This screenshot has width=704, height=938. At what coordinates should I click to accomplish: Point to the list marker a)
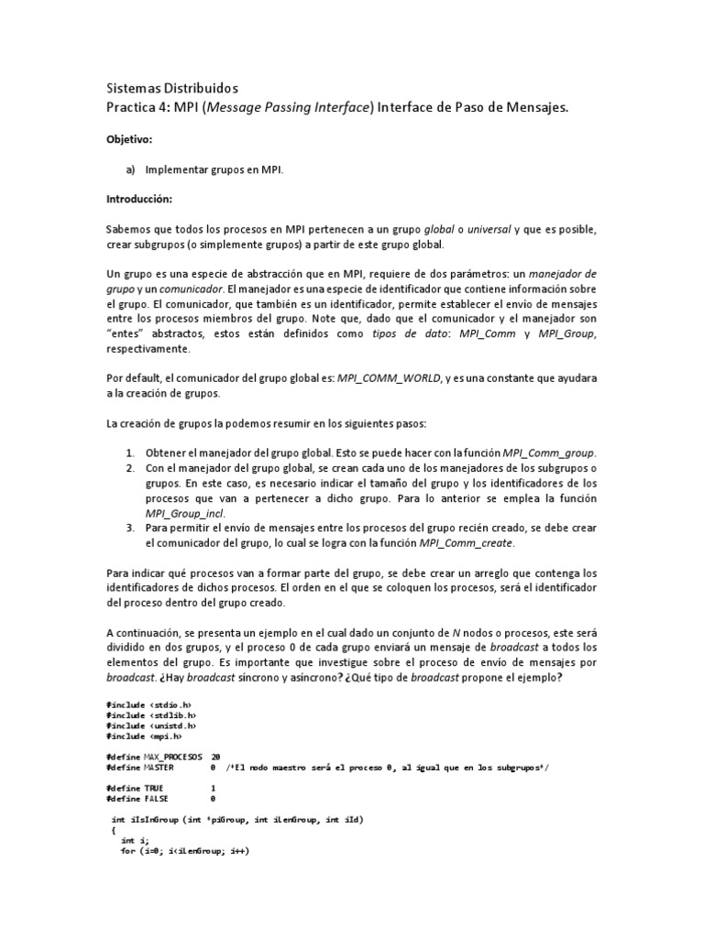pyautogui.click(x=129, y=169)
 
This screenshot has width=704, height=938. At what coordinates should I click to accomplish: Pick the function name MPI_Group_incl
pyautogui.click(x=184, y=514)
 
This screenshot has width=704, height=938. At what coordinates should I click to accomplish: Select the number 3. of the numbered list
pyautogui.click(x=130, y=529)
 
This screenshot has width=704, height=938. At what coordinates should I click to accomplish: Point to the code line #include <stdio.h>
pyautogui.click(x=148, y=703)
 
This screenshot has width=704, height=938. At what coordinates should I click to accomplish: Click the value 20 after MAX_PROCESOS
pyautogui.click(x=215, y=757)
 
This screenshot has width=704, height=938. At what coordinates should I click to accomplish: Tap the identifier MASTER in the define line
pyautogui.click(x=161, y=768)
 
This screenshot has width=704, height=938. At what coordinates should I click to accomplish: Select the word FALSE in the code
pyautogui.click(x=159, y=798)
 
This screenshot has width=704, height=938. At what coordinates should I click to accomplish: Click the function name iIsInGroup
pyautogui.click(x=156, y=820)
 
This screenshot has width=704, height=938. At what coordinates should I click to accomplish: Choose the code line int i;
pyautogui.click(x=127, y=840)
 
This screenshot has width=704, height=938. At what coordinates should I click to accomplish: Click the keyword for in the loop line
pyautogui.click(x=127, y=851)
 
